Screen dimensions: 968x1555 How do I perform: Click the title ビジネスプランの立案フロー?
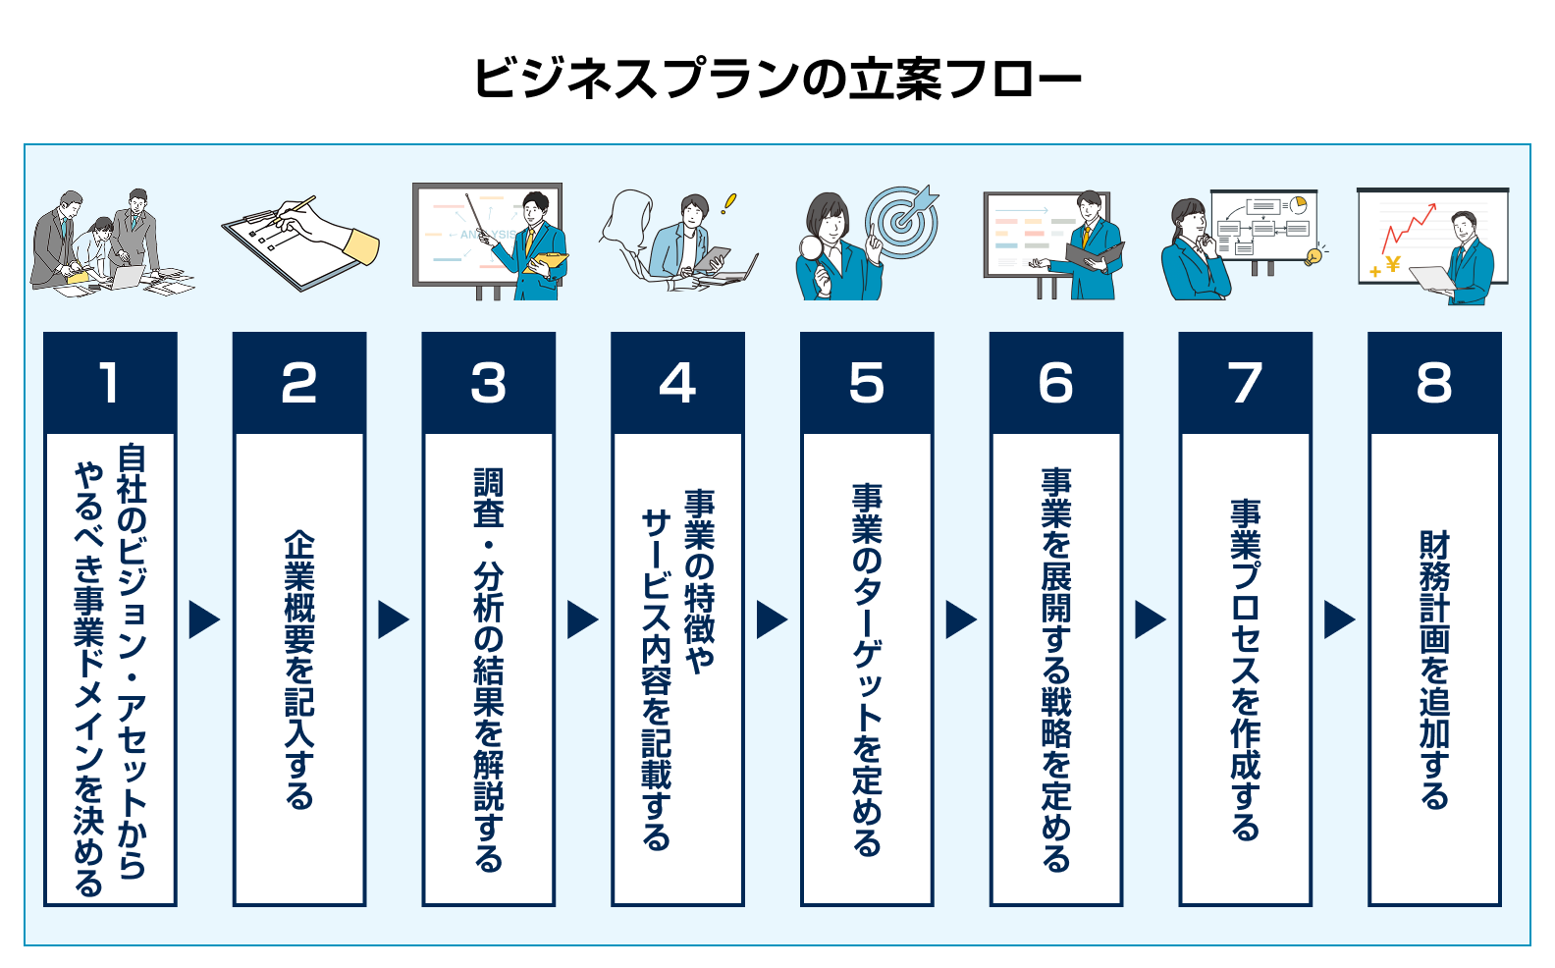pos(777,79)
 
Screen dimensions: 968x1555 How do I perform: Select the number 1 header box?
pos(110,383)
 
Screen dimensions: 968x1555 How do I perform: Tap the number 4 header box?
pos(677,383)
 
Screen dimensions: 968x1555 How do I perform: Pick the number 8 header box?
pos(1434,383)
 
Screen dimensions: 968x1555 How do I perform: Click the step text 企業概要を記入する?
pos(299,669)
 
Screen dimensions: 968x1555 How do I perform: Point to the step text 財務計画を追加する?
pos(1434,669)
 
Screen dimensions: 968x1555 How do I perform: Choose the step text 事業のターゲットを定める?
pos(867,669)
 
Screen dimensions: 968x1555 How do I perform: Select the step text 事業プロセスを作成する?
pos(1245,669)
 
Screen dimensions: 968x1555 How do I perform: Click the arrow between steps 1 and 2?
pos(204,619)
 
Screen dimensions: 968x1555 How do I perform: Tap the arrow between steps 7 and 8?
pos(1339,619)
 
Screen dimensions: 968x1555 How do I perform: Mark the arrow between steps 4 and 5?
pos(772,619)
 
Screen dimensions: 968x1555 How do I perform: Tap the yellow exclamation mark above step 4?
pos(727,203)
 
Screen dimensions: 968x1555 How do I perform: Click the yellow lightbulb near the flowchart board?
pos(1313,257)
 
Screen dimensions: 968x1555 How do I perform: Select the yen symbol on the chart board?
pos(1393,264)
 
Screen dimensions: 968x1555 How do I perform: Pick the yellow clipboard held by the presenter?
pos(546,261)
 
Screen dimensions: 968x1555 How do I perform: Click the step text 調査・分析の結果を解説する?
pos(488,669)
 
